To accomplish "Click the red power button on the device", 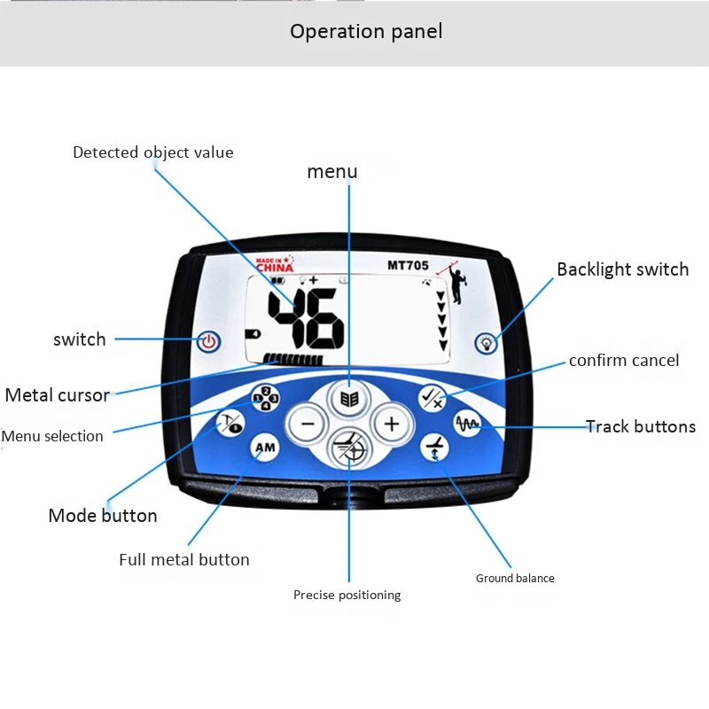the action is [x=209, y=340].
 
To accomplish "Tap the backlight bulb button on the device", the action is [x=486, y=342].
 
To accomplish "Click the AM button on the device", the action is [x=265, y=448].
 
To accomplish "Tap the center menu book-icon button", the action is [x=349, y=400].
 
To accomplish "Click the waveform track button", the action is [x=467, y=424].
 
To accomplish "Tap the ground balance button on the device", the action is [x=434, y=448].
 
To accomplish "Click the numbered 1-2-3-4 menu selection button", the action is [x=266, y=400].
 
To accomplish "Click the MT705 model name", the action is [x=408, y=265].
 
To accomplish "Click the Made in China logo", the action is [x=274, y=264].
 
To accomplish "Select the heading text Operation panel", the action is [x=366, y=32].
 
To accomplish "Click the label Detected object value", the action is [x=153, y=152].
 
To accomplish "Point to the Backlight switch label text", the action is [x=622, y=269].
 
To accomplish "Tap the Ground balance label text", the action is [x=515, y=579].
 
